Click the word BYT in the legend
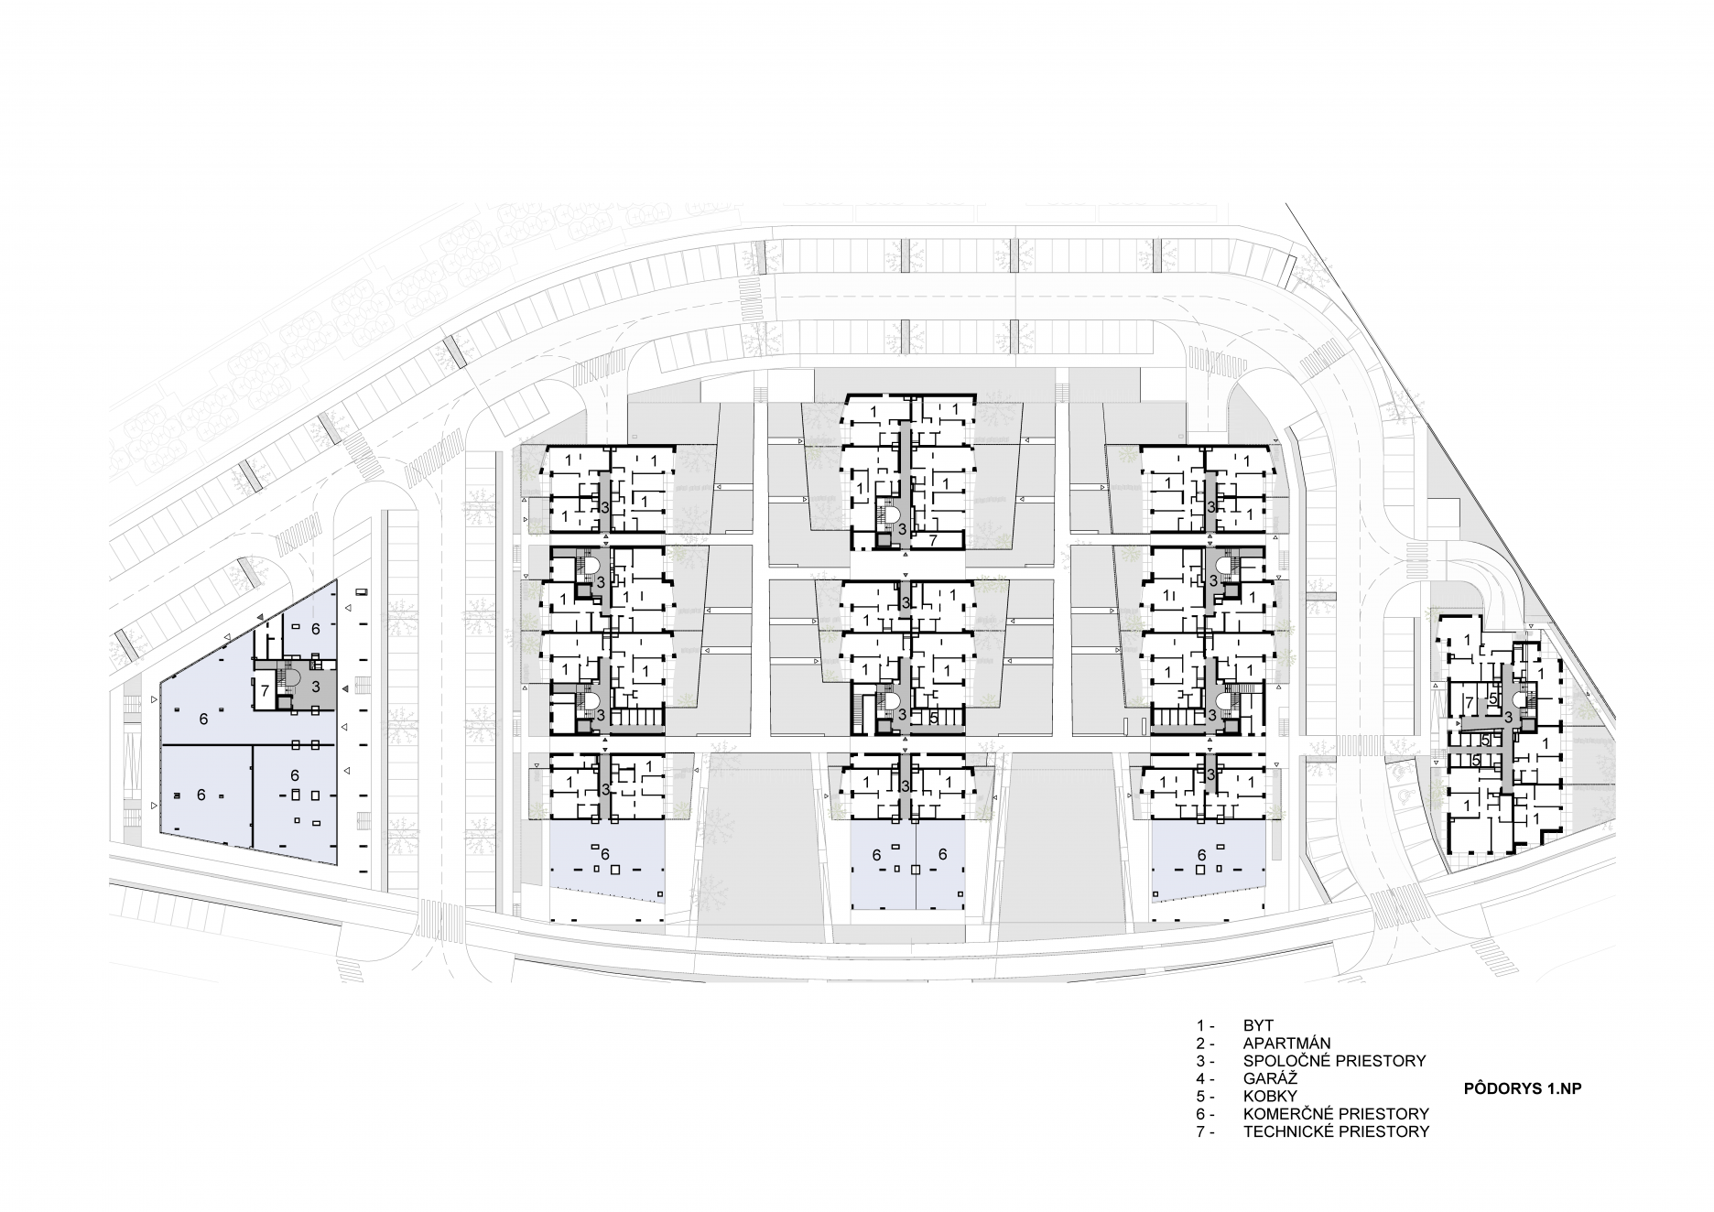(x=1258, y=1026)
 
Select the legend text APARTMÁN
(x=1286, y=1044)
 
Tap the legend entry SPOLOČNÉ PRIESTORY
(x=1334, y=1061)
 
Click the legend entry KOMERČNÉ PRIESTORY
(x=1336, y=1114)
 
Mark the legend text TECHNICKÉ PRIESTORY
(x=1336, y=1131)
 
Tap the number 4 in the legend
(x=1199, y=1078)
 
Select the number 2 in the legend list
(x=1199, y=1044)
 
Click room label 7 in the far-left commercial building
(x=265, y=690)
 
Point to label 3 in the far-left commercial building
(x=315, y=685)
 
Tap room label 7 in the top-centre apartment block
(x=933, y=541)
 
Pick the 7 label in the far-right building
(x=1469, y=703)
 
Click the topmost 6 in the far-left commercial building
(x=316, y=629)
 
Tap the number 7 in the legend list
(x=1199, y=1131)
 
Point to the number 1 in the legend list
(x=1199, y=1026)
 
